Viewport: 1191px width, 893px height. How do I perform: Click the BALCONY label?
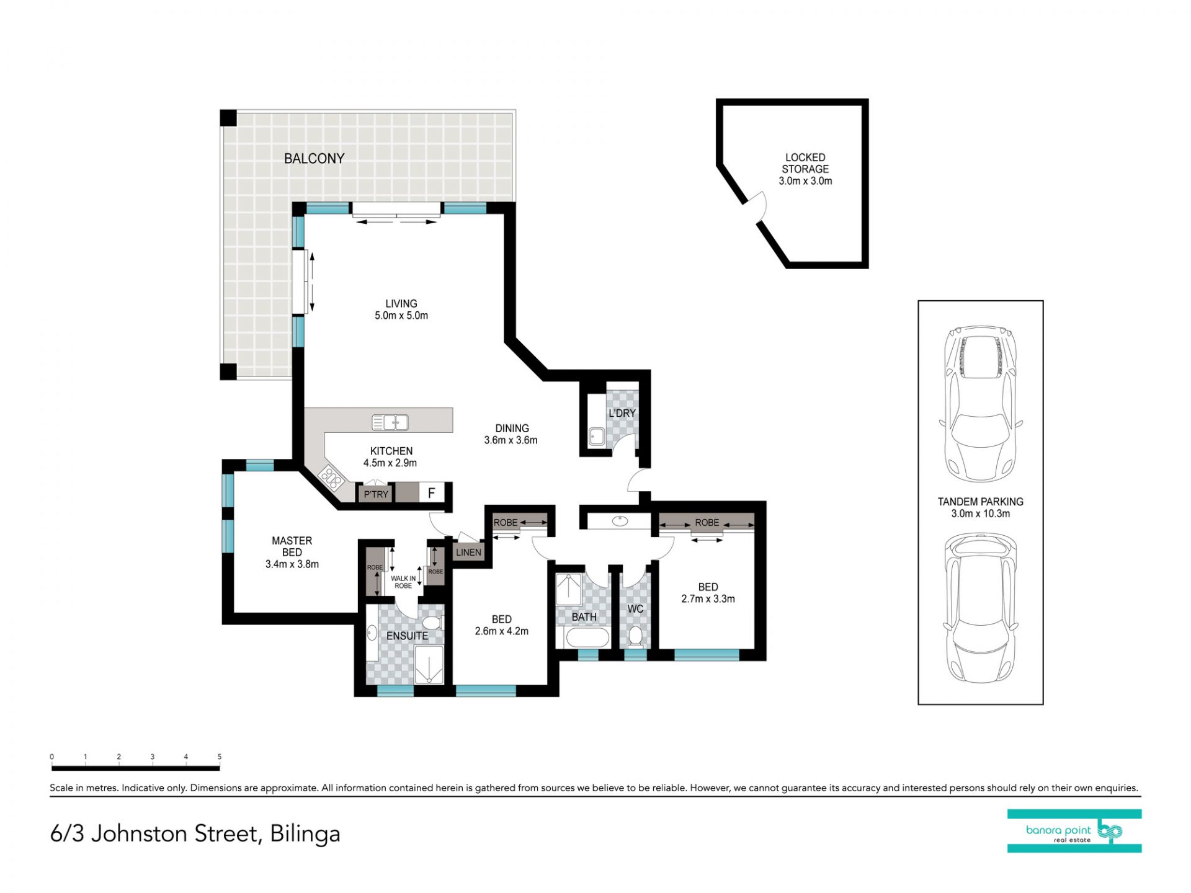tap(314, 159)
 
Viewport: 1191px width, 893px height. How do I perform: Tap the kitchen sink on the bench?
tap(390, 422)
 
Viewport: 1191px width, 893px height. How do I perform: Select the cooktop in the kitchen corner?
tap(331, 478)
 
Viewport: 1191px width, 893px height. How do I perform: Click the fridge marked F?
tap(432, 493)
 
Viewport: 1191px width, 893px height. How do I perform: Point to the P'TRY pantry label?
tap(376, 494)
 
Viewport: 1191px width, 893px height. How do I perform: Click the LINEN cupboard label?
tap(468, 552)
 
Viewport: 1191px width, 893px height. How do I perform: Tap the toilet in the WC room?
tap(635, 636)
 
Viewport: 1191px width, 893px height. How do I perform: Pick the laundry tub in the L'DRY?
tap(596, 437)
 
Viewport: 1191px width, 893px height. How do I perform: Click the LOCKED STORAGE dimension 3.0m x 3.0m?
tap(805, 181)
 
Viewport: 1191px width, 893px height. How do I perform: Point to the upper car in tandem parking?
tap(981, 404)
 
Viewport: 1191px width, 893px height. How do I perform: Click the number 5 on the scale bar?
tap(220, 757)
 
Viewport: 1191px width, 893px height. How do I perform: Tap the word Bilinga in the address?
tap(305, 834)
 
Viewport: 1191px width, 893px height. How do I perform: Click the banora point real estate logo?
tap(1074, 831)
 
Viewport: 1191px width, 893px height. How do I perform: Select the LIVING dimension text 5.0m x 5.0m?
tap(401, 316)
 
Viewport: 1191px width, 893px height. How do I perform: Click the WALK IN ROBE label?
tap(403, 582)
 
